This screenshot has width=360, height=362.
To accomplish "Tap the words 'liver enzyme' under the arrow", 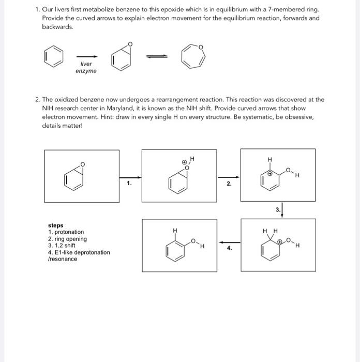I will pos(86,67).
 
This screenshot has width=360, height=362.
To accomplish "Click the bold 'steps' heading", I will pos(55,225).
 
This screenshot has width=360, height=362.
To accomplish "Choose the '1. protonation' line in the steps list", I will pos(66,232).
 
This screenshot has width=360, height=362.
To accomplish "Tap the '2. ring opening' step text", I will pos(67,239).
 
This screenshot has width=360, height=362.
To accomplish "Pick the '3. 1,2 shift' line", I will pos(62,246).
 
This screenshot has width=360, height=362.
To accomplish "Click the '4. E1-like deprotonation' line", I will pos(79,252).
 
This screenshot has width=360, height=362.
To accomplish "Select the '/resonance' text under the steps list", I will pos(62,259).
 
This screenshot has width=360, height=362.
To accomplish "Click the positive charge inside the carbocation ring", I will pos(269,176).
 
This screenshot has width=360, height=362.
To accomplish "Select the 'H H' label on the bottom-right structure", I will pos(271,231).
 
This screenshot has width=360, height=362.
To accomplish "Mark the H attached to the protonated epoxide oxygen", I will pos(191,158).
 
